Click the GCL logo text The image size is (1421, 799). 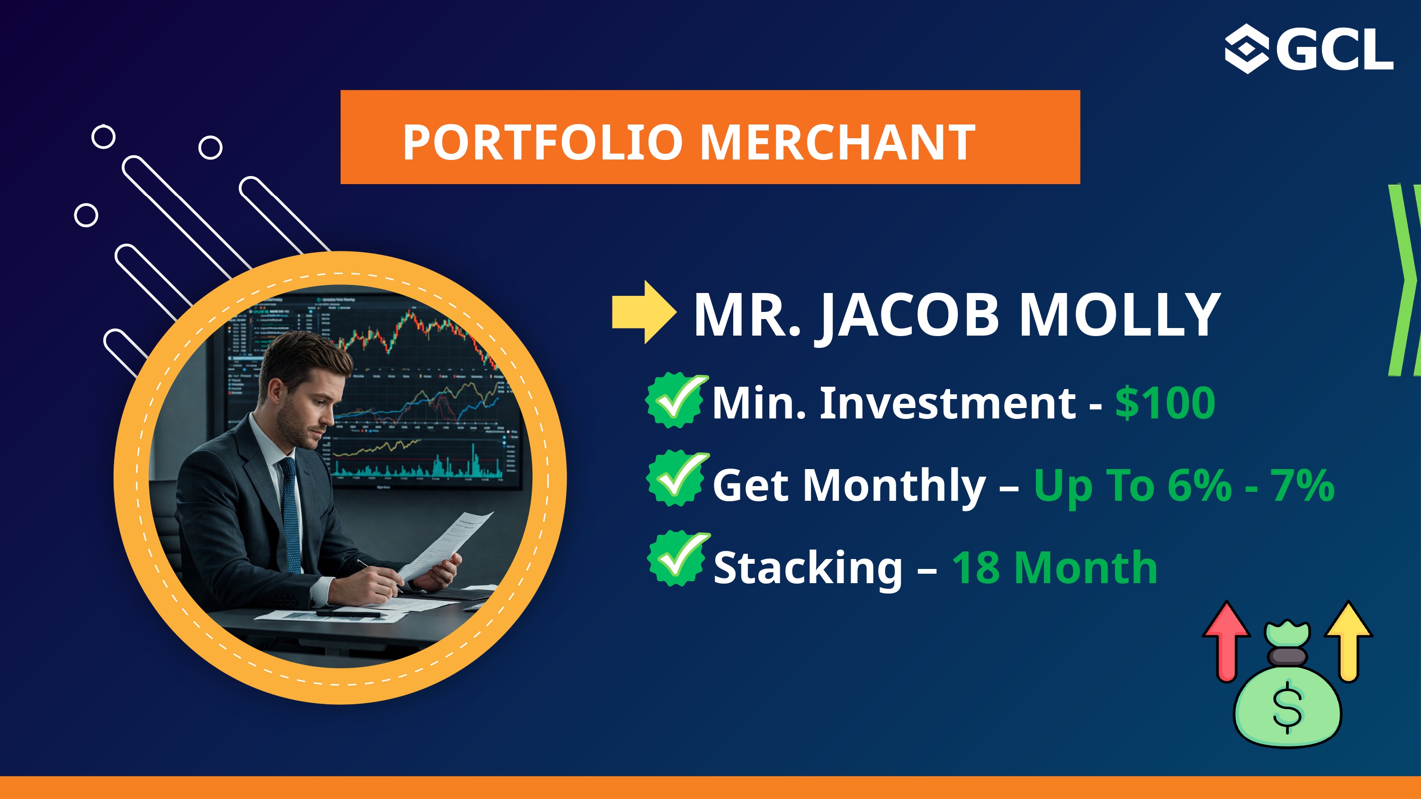(x=1335, y=50)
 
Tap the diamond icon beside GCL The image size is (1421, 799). (x=1247, y=49)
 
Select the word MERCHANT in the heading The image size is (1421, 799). (x=838, y=142)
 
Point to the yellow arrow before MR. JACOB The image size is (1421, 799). (x=644, y=312)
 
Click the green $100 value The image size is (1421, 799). (x=1165, y=403)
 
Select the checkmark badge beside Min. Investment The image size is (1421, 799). (x=677, y=400)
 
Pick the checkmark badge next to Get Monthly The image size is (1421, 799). (x=677, y=478)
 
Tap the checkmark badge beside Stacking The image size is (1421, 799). (x=678, y=559)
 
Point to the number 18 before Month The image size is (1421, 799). (x=976, y=568)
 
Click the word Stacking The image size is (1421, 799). (x=808, y=569)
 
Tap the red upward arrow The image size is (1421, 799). (x=1226, y=641)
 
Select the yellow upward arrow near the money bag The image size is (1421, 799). (x=1349, y=641)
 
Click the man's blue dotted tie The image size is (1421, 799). (x=291, y=515)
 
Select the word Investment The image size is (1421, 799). (x=948, y=403)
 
